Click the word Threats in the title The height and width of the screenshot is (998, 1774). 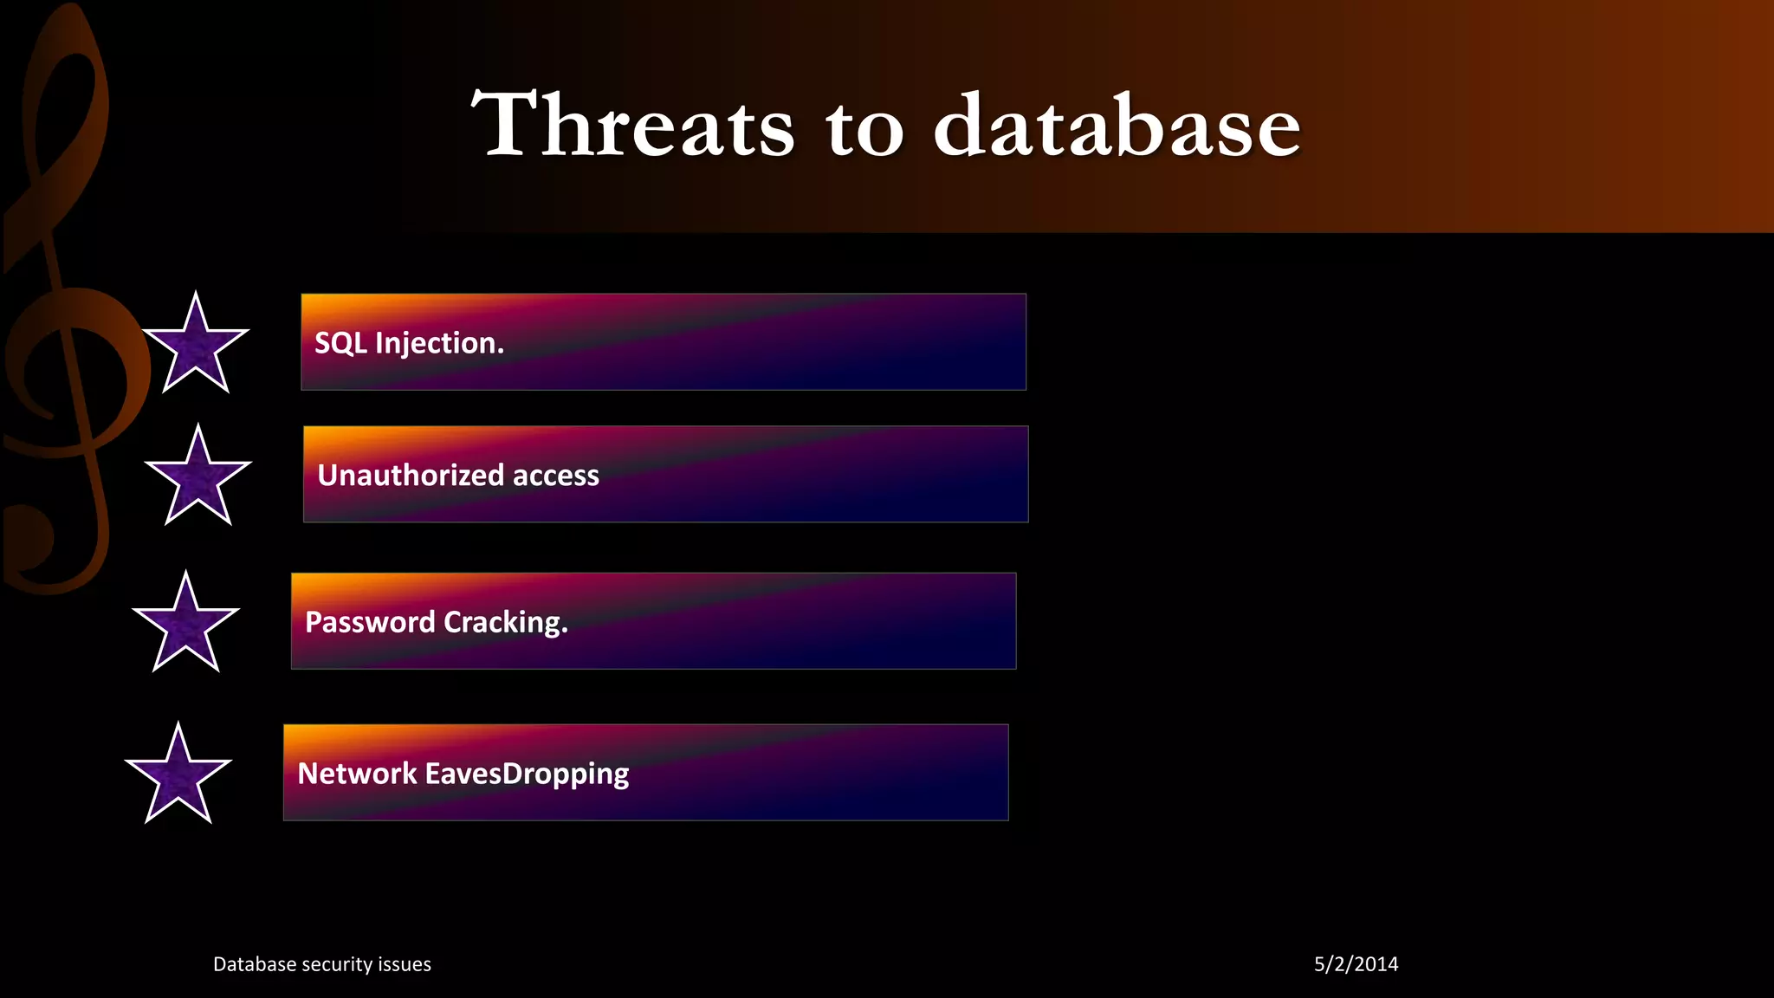632,126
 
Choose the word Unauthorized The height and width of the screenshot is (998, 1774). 411,475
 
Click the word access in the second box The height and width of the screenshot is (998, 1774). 556,476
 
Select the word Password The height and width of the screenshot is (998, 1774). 370,622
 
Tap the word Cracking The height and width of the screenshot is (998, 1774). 506,623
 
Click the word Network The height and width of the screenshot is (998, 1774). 357,773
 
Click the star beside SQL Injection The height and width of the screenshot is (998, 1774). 196,346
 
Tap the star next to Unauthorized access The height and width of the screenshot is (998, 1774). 198,478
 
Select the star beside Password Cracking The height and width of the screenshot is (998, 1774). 186,625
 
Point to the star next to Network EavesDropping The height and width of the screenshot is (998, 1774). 178,776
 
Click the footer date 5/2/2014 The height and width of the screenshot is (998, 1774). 1356,964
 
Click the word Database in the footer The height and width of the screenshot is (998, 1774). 253,964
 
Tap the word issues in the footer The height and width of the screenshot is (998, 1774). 404,964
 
